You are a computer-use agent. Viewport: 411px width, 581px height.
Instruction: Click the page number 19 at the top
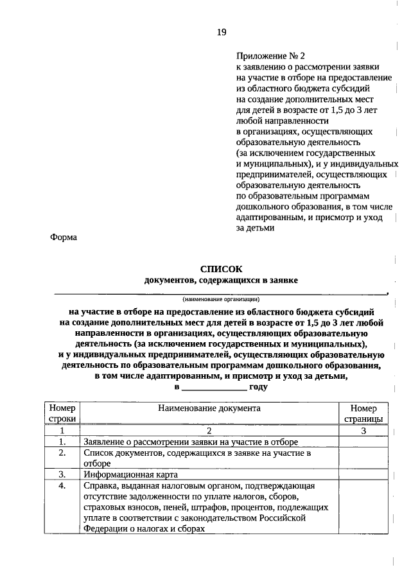221,32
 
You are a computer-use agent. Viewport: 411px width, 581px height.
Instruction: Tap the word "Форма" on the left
64,237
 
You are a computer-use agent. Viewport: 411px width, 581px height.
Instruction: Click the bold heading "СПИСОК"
222,270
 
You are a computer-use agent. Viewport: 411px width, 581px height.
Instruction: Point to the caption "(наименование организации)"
220,299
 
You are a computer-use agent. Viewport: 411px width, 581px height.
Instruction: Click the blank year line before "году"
214,387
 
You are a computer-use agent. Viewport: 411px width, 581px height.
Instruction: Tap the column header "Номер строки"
62,413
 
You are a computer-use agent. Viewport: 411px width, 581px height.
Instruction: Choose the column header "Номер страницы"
363,413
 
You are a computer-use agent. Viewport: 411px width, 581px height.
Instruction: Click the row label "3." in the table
62,474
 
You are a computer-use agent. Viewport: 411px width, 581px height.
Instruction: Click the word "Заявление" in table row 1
105,442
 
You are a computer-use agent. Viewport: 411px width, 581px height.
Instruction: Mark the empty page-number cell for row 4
363,507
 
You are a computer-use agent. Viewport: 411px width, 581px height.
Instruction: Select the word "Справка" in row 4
101,486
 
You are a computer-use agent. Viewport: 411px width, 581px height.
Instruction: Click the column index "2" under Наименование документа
209,431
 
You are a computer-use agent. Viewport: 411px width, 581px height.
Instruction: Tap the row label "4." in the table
62,486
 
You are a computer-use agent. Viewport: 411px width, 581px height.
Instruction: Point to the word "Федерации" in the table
105,529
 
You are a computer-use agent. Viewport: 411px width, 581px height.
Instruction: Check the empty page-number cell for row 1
363,442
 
